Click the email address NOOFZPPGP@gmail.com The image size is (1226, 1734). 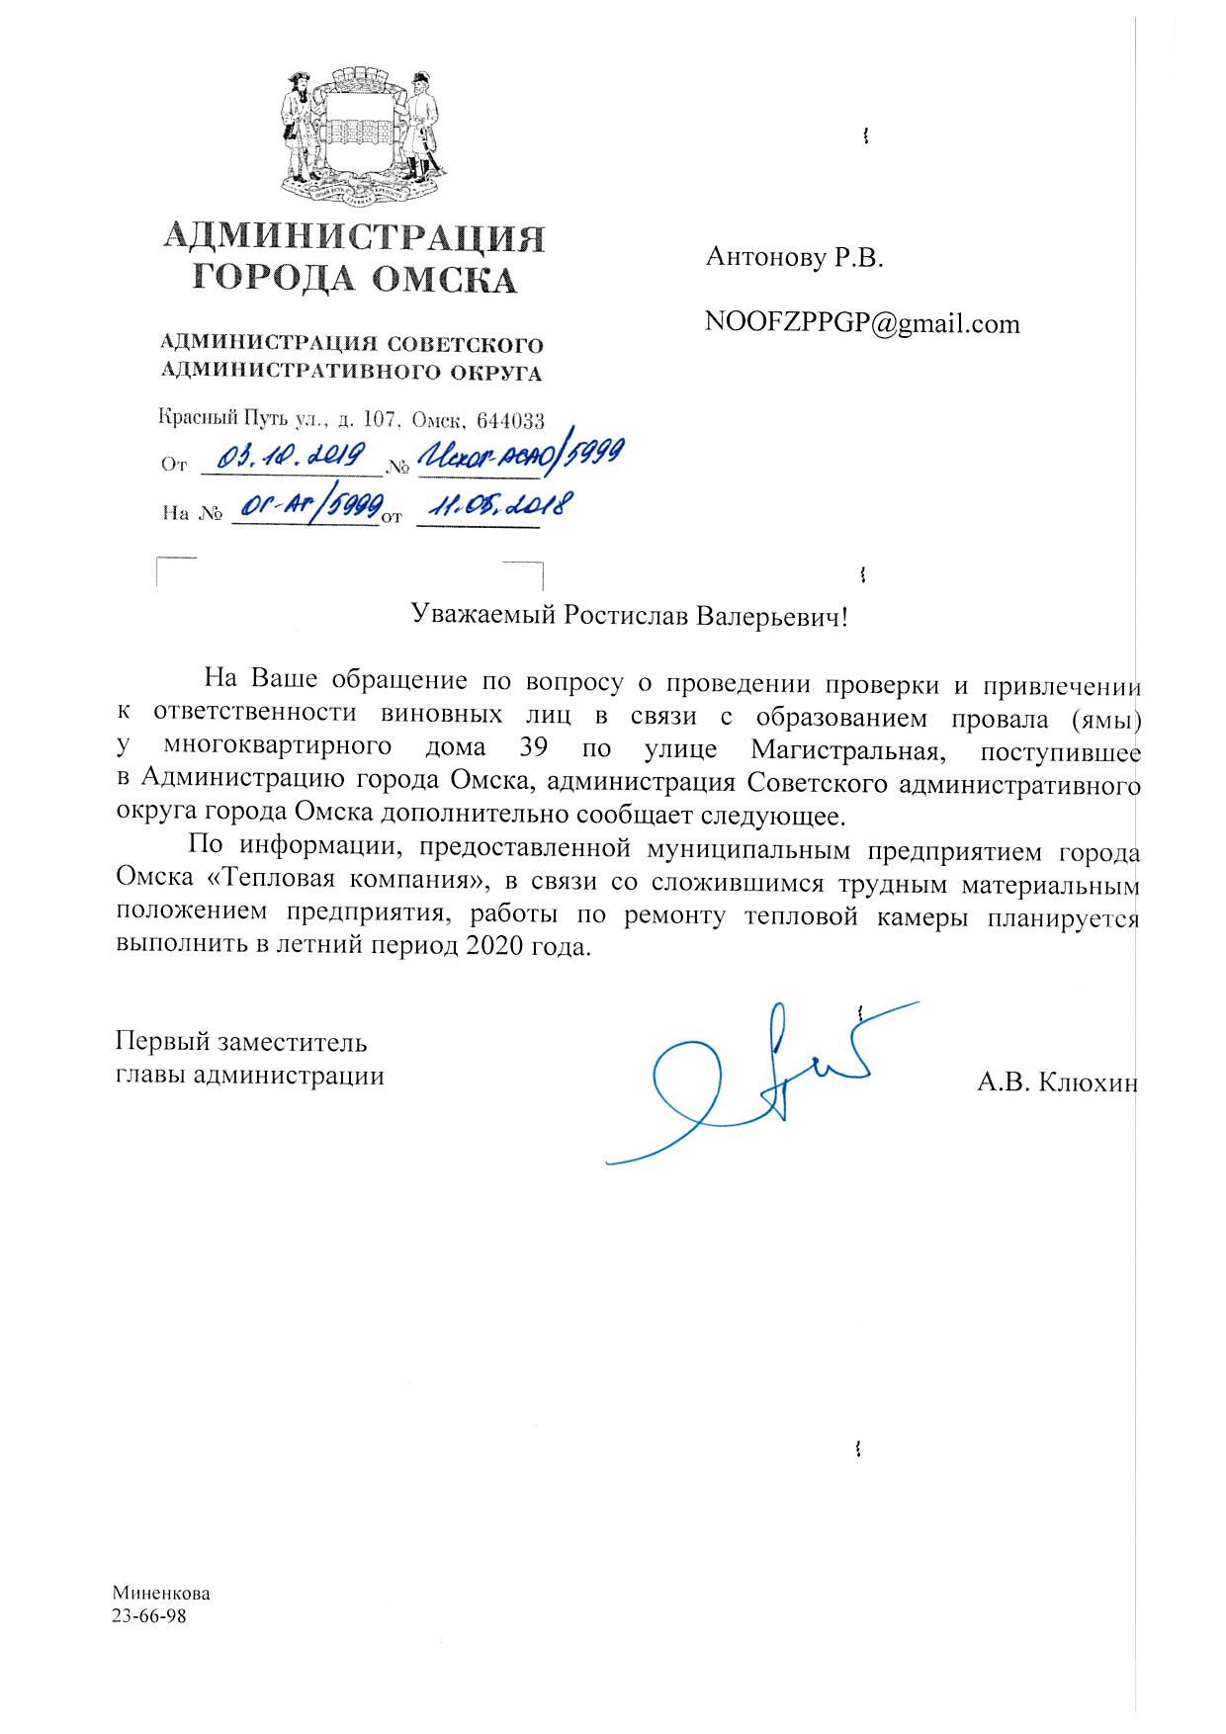[861, 323]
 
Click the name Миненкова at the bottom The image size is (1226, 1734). [160, 1595]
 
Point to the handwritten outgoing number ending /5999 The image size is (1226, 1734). [520, 454]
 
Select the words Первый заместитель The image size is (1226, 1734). [242, 1042]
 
